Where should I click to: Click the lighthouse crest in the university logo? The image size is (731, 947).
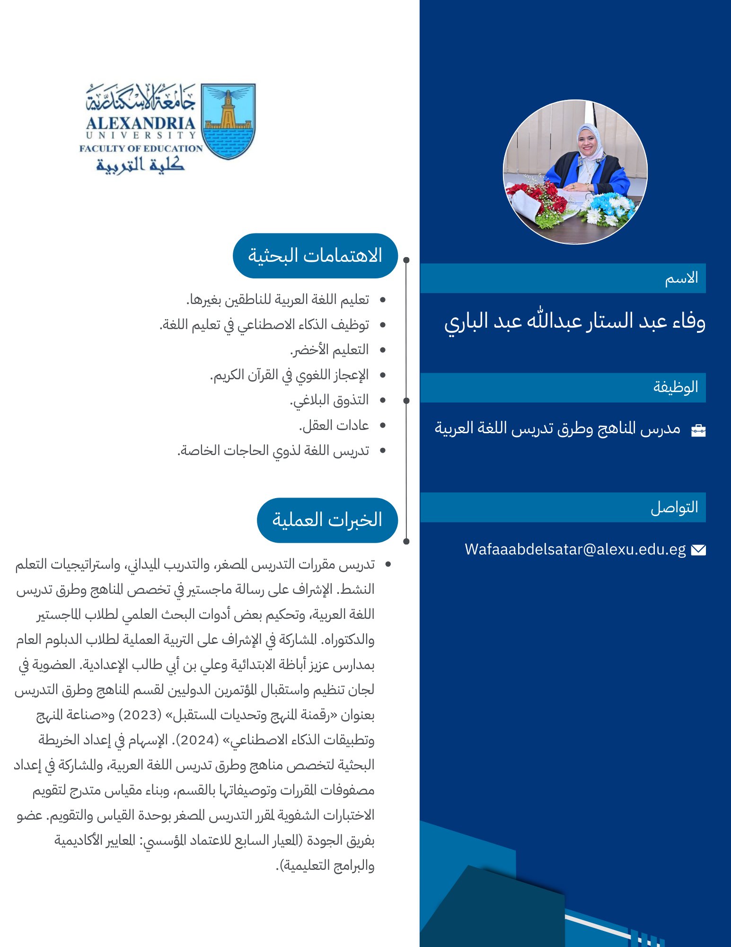[x=228, y=121]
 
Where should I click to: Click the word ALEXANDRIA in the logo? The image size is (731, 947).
[x=141, y=124]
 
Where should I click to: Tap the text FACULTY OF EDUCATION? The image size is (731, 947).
[x=141, y=149]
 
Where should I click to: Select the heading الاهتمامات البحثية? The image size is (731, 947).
[x=315, y=256]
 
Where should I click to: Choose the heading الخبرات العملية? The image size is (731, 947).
[x=327, y=520]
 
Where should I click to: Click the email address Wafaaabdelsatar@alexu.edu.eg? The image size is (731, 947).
[x=575, y=549]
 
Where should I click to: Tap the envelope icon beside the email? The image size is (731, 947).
[x=698, y=550]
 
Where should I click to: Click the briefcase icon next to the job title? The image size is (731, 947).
[x=698, y=430]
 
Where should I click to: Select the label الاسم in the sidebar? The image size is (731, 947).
[x=681, y=278]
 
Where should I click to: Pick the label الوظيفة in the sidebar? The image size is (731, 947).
[x=676, y=387]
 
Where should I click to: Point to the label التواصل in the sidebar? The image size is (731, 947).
[x=674, y=508]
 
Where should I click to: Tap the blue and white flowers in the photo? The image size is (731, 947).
[x=608, y=208]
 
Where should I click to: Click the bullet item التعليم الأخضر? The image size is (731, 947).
[x=329, y=350]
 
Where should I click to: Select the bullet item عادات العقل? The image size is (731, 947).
[x=334, y=425]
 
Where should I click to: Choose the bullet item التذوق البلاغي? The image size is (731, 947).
[x=329, y=401]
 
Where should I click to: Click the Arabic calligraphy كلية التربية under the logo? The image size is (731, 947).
[x=141, y=165]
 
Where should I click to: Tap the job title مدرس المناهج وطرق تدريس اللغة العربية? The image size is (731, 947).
[x=557, y=429]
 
